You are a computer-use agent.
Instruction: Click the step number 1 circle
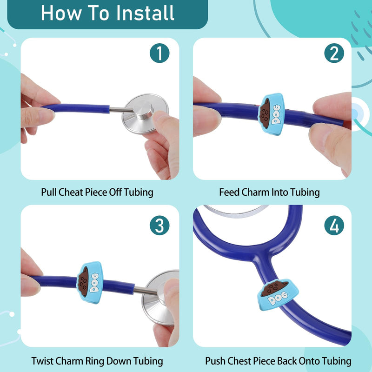pos(159,53)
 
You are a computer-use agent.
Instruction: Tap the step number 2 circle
pos(334,53)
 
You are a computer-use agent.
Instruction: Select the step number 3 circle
pos(159,225)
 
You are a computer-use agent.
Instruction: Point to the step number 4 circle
pos(334,225)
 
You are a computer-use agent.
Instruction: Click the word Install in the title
pos(146,13)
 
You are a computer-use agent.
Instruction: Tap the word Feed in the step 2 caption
pos(229,192)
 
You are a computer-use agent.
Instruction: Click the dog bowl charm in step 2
pos(271,114)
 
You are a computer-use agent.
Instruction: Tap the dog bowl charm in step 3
pos(90,282)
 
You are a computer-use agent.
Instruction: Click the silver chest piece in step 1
pos(145,113)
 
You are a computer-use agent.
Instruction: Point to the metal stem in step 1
pos(121,110)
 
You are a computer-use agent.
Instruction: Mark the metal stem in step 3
pos(146,290)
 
